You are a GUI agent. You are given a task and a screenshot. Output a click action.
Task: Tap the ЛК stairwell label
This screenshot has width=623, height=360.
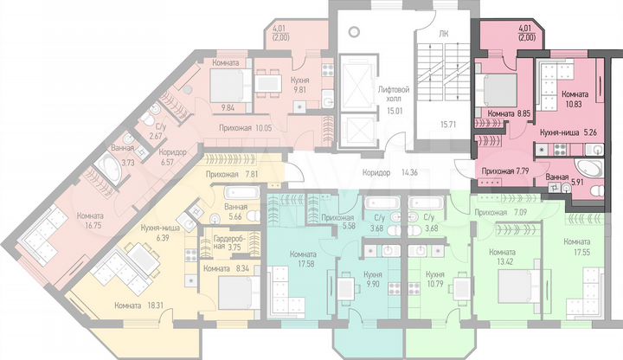(444, 33)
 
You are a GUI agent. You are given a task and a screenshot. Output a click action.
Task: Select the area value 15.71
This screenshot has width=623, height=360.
(448, 124)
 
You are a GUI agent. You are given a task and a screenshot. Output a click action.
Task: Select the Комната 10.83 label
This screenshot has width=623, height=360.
(575, 98)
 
